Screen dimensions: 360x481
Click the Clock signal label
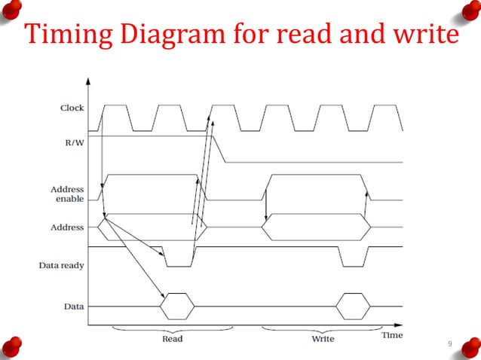click(72, 108)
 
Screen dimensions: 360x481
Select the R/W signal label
click(74, 140)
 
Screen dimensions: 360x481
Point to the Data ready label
click(61, 265)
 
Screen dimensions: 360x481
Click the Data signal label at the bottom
click(74, 307)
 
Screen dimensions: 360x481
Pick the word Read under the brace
click(173, 339)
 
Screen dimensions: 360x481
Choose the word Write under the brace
click(323, 339)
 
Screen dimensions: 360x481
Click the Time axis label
click(391, 334)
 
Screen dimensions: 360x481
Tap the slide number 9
click(450, 344)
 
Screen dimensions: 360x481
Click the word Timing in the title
click(69, 36)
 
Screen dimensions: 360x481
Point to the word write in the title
click(419, 35)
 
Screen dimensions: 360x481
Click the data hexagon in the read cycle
click(178, 307)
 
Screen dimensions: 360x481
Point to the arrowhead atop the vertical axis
click(89, 80)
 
